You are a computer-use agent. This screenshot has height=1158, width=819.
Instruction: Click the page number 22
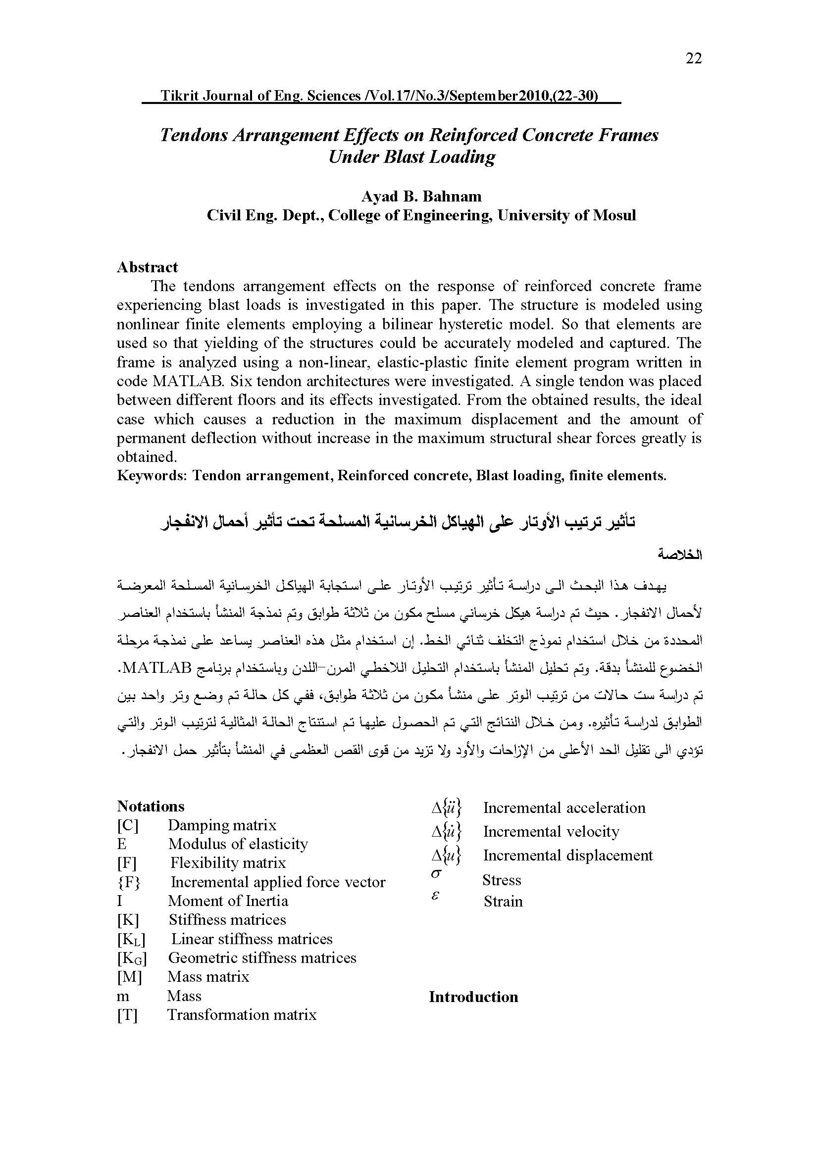click(x=693, y=59)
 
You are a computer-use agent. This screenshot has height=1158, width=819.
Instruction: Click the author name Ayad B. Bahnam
click(x=421, y=196)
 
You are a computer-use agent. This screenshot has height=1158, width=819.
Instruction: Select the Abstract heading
click(x=147, y=267)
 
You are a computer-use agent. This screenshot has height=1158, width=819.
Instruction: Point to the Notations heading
click(x=151, y=806)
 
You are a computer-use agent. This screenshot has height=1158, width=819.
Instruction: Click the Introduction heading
click(x=473, y=997)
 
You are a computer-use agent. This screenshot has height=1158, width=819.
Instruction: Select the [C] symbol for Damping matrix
click(x=128, y=825)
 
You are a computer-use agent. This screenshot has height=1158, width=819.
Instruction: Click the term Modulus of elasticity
click(x=238, y=844)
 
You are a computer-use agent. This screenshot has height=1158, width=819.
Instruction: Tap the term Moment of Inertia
click(x=228, y=901)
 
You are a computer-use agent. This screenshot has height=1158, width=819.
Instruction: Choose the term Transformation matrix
click(x=242, y=1014)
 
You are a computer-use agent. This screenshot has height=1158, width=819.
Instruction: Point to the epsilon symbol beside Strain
click(x=436, y=897)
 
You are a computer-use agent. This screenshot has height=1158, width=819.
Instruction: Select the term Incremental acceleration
click(x=564, y=808)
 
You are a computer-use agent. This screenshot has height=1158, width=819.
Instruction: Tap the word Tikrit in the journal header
click(x=180, y=96)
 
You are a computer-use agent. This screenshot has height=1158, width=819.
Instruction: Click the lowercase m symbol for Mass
click(x=122, y=996)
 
